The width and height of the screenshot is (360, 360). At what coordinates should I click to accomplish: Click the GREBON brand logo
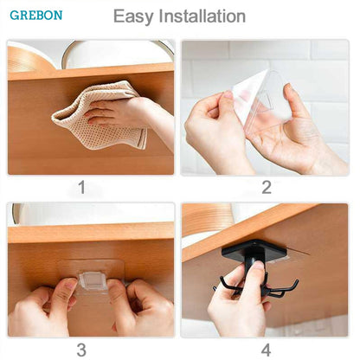click(x=36, y=16)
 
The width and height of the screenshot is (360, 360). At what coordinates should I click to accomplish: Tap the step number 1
click(x=81, y=186)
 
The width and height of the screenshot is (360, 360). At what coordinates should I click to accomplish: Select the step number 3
click(x=81, y=349)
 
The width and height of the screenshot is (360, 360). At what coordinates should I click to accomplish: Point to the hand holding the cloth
click(x=130, y=112)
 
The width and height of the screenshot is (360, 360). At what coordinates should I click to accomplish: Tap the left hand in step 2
click(x=212, y=130)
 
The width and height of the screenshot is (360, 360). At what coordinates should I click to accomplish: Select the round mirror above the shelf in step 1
click(x=112, y=52)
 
